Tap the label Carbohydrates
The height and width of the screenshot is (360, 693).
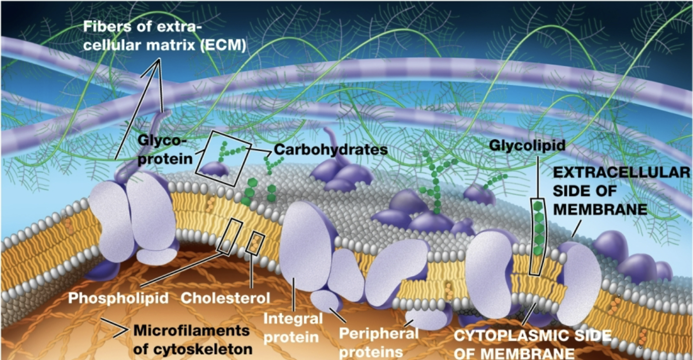pyautogui.click(x=331, y=150)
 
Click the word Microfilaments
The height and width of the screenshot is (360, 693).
pyautogui.click(x=191, y=331)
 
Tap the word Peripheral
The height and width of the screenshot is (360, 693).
pyautogui.click(x=379, y=333)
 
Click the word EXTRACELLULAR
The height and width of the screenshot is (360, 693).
pyautogui.click(x=621, y=172)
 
